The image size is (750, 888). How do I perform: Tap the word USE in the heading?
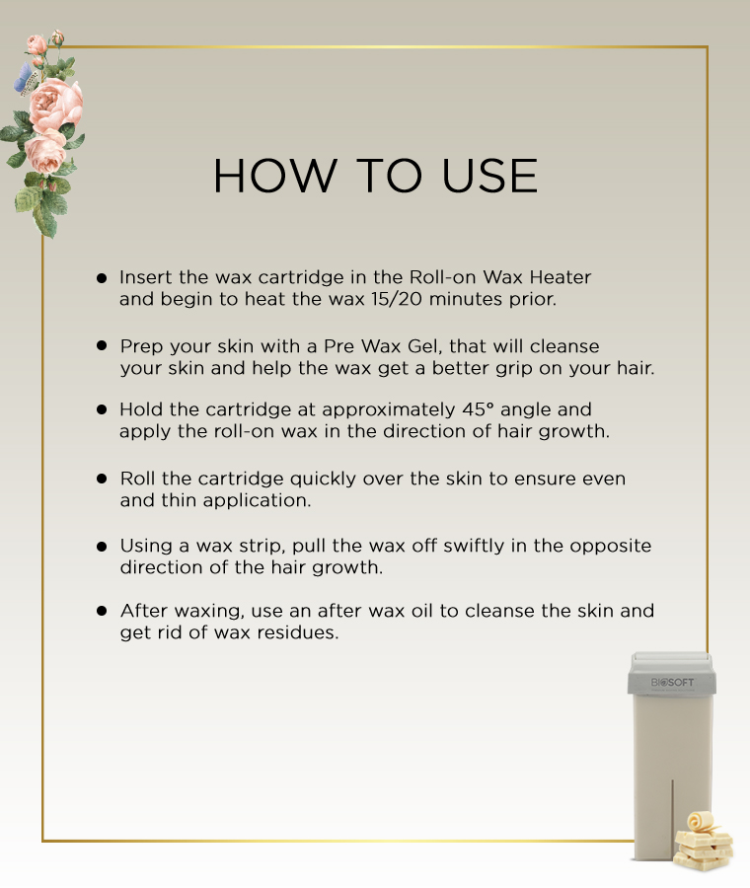click(x=488, y=176)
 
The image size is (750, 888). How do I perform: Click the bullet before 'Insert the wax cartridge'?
click(x=102, y=277)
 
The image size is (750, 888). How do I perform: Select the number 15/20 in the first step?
click(x=397, y=299)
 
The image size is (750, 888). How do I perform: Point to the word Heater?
click(x=561, y=277)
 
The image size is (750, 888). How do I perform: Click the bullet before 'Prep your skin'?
click(x=102, y=345)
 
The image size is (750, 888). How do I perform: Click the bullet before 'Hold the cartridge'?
click(x=102, y=408)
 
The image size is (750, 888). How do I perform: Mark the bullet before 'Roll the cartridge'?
click(x=102, y=479)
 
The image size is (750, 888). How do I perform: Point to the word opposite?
click(x=610, y=547)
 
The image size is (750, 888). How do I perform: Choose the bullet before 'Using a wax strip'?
click(x=102, y=546)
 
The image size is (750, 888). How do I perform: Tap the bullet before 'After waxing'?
click(x=102, y=611)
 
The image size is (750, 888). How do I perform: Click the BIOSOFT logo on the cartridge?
click(x=672, y=683)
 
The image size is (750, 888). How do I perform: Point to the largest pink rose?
click(x=55, y=105)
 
